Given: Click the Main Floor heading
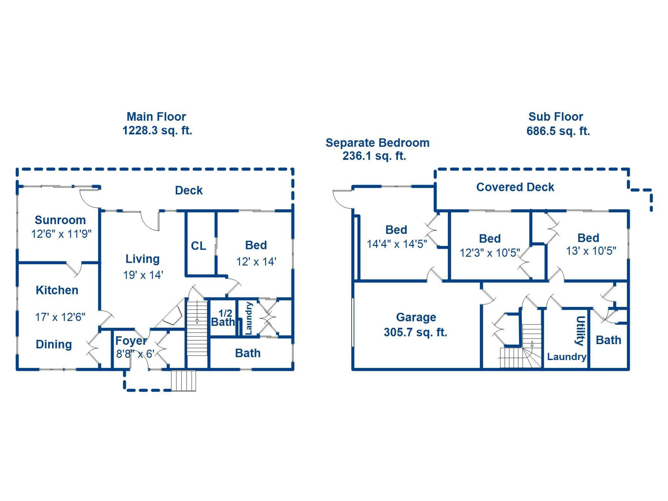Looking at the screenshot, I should coord(156,117).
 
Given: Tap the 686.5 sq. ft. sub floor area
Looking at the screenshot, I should coord(558,131).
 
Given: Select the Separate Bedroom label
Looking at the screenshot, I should coord(377,143).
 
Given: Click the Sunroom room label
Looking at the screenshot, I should coord(60,220).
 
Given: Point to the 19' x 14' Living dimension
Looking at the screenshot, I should coord(143,275).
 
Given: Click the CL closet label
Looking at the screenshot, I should coord(198,246).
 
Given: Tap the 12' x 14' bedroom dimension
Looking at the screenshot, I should coord(256,262).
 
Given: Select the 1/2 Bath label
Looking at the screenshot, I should coord(223,318).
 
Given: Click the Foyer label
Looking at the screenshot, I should coord(131,340).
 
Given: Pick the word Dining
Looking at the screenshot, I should coord(54,344).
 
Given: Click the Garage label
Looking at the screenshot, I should coord(416,317).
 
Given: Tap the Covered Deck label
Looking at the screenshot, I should coord(515,187).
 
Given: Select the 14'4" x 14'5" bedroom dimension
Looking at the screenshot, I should coord(397,244).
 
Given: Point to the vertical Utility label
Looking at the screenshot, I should coord(580,331).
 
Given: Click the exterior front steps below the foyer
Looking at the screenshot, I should coord(183,381).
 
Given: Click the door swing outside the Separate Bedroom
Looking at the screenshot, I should coord(343,199).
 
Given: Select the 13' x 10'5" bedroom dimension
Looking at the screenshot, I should coord(591,251).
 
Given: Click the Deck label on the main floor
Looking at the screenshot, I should coord(189,190).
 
